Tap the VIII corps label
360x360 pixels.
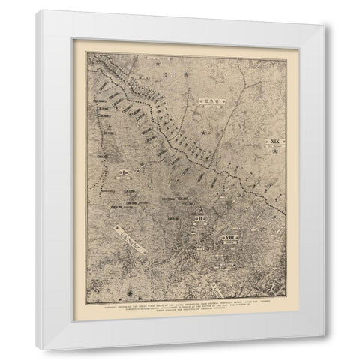click(226, 239)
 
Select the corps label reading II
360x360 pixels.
click(201, 218)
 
